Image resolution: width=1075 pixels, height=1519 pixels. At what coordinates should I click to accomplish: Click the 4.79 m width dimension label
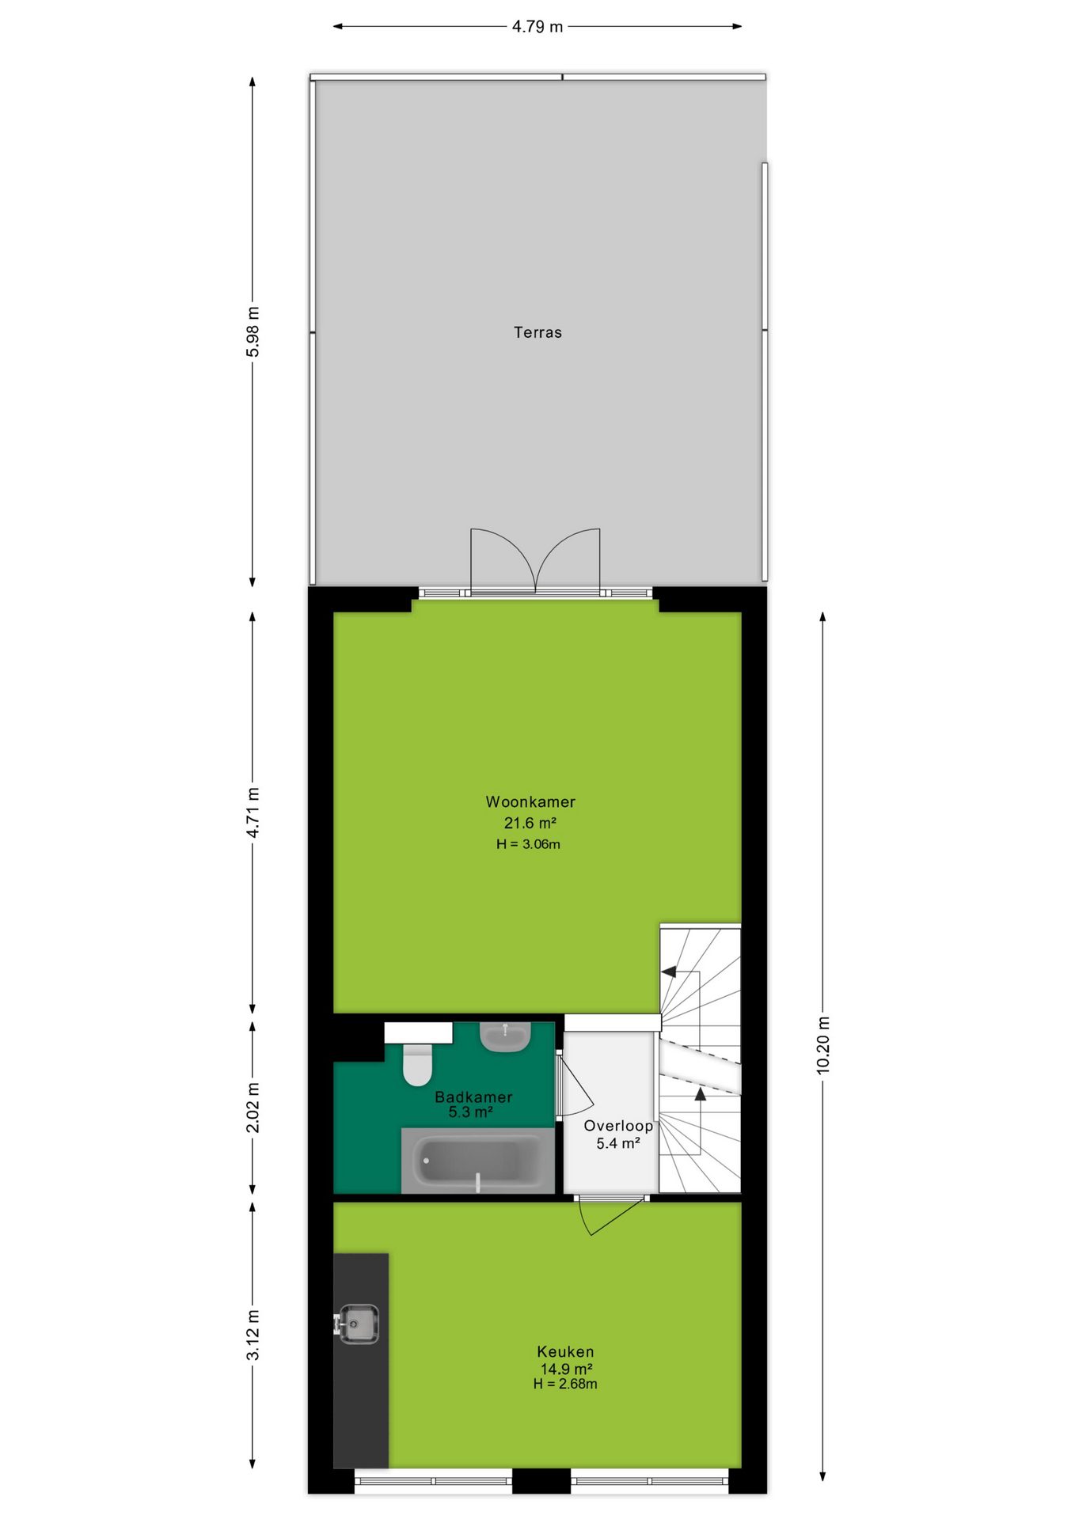(537, 26)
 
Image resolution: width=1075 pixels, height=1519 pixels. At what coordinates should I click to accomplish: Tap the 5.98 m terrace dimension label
(253, 331)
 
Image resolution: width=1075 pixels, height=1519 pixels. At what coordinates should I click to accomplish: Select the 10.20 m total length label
(823, 1044)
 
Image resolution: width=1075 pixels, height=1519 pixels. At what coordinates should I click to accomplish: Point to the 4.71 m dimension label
(253, 813)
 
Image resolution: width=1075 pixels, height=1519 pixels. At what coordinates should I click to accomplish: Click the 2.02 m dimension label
(253, 1107)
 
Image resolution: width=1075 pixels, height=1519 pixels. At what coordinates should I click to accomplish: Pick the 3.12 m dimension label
(253, 1335)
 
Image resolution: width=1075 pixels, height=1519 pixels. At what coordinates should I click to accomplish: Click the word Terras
(537, 332)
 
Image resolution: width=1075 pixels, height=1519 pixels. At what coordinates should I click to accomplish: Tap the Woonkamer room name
(530, 801)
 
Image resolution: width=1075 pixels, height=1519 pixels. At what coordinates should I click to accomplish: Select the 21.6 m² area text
(530, 823)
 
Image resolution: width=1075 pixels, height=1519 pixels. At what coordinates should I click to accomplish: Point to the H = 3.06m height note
(529, 844)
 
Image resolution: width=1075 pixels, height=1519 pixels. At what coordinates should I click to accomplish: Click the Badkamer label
(473, 1097)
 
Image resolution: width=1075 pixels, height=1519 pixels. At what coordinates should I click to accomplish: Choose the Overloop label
(618, 1126)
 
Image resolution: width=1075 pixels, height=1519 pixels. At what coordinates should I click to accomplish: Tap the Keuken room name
(565, 1352)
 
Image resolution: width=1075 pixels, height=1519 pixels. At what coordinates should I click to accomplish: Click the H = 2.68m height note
(565, 1384)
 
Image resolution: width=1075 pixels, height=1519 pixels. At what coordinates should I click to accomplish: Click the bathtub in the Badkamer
(478, 1161)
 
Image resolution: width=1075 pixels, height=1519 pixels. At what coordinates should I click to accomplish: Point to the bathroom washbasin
(506, 1037)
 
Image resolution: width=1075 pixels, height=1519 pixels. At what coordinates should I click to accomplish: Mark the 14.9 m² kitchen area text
(567, 1369)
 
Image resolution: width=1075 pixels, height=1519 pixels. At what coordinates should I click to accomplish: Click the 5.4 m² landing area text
(618, 1143)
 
